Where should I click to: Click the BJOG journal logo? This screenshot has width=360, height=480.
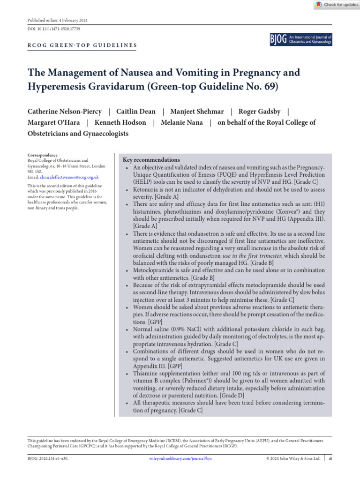(301, 39)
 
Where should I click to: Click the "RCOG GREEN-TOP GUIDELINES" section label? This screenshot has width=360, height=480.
(82, 45)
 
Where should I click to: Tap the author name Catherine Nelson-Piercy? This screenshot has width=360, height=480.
(65, 112)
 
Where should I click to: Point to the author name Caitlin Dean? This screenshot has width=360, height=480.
(136, 112)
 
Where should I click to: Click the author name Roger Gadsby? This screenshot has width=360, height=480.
(260, 112)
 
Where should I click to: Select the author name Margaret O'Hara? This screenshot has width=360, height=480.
(53, 123)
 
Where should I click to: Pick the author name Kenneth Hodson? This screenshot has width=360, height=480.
(120, 123)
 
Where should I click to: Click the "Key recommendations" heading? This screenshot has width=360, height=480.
(151, 160)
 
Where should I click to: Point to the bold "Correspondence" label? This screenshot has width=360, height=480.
(43, 155)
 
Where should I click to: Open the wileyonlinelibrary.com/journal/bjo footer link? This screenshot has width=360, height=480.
(180, 458)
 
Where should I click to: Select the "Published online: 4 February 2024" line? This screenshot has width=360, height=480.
(58, 21)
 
